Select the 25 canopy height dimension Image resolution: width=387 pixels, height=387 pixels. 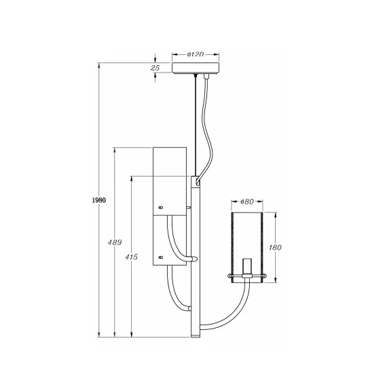[155, 69]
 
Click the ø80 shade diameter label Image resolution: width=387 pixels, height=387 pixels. [246, 202]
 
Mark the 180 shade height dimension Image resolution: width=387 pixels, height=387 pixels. [274, 248]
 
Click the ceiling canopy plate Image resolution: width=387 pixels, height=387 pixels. [197, 69]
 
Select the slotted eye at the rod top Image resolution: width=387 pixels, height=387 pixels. [197, 182]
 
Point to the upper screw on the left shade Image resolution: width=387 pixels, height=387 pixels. [160, 207]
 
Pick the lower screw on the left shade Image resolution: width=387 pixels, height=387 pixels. [160, 257]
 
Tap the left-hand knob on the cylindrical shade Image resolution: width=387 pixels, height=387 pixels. [229, 276]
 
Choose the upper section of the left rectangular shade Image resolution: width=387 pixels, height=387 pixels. [170, 180]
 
